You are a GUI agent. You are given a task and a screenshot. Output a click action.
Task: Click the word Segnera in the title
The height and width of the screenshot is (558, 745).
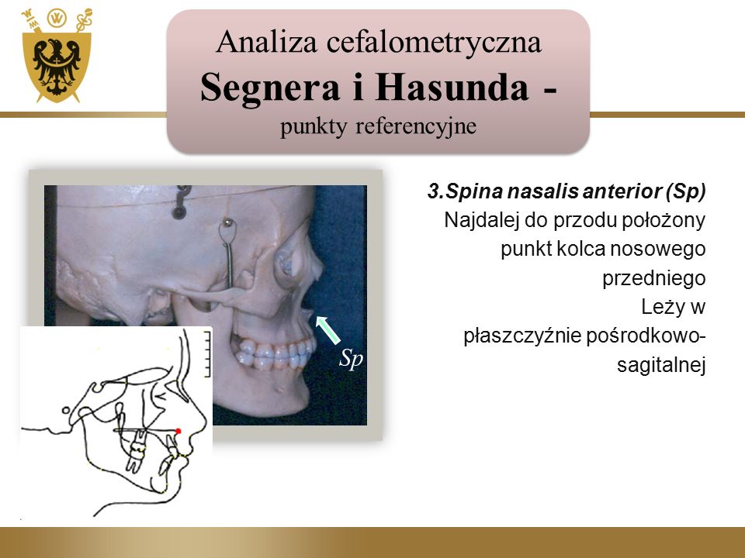point(269,88)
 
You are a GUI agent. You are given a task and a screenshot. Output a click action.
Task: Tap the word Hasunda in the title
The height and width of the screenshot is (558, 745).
point(452,87)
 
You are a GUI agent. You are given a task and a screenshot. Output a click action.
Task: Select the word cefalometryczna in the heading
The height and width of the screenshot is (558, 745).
point(434,42)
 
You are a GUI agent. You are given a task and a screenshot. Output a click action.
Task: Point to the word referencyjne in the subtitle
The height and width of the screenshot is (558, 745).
point(416,126)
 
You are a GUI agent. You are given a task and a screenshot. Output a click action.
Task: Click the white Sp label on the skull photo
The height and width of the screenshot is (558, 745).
point(351,359)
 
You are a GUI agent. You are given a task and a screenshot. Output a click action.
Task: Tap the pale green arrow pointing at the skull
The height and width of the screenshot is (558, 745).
point(328,330)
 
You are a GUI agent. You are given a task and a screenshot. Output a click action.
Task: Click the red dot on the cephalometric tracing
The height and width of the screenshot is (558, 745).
point(178,431)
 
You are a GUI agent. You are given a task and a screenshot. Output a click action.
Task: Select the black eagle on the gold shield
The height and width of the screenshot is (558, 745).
point(57,67)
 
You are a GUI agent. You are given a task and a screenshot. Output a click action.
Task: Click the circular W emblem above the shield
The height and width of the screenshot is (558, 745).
point(57,18)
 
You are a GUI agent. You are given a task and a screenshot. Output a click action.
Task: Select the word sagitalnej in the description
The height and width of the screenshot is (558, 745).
point(661,365)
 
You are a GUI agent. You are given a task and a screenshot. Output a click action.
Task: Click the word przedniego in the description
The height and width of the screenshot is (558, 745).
point(653,278)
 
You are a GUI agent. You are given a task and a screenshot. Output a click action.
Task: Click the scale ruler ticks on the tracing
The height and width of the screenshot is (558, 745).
point(206,354)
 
